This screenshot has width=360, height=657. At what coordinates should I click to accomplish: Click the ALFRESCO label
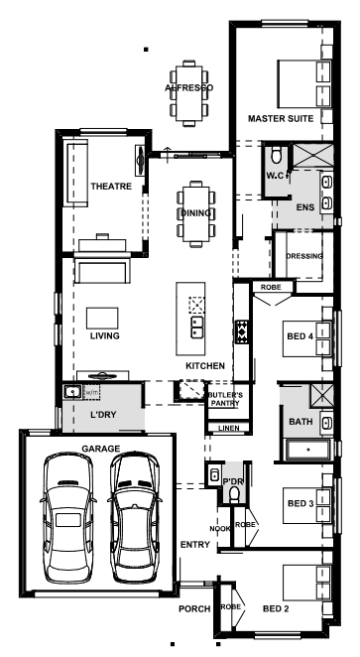[188, 87]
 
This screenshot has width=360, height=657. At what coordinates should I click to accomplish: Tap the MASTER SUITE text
[281, 118]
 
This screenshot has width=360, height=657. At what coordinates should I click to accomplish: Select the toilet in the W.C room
[277, 154]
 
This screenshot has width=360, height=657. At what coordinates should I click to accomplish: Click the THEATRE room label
[111, 186]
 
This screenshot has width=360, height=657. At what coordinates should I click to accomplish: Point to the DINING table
[196, 213]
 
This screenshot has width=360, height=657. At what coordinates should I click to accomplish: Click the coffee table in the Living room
[102, 318]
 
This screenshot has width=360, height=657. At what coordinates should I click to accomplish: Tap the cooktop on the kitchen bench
[242, 331]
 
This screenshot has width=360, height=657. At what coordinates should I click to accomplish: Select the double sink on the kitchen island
[196, 328]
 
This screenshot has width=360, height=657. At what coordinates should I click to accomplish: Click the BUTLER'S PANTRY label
[225, 399]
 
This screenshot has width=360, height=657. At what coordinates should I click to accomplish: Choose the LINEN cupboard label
[229, 428]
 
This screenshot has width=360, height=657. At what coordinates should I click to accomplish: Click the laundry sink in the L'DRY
[72, 392]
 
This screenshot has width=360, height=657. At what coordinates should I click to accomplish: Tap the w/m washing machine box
[92, 392]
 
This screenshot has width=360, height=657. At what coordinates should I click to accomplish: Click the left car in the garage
[67, 518]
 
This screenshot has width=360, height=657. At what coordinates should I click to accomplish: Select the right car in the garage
[133, 517]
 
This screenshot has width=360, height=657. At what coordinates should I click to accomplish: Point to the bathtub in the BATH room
[308, 450]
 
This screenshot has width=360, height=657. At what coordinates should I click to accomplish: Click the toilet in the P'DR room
[234, 494]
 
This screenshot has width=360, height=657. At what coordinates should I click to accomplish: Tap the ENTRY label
[195, 545]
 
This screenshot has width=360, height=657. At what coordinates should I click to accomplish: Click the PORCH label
[194, 608]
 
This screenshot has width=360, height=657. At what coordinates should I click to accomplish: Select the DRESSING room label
[304, 256]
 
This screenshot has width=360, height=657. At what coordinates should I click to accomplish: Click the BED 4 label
[300, 336]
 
